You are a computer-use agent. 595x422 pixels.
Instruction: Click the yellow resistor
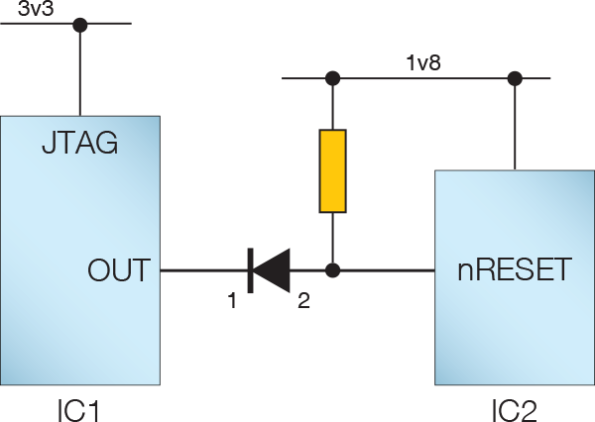333,170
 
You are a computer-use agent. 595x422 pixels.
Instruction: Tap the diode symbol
268,269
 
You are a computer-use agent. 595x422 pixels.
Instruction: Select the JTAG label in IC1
80,144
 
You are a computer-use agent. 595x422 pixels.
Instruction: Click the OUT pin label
119,269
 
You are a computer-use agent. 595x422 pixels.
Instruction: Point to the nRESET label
515,269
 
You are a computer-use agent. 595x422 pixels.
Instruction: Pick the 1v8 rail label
423,63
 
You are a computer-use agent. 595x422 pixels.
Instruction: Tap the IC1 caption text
78,409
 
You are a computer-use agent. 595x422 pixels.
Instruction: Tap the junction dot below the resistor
333,269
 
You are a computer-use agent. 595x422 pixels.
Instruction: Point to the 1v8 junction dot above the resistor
333,78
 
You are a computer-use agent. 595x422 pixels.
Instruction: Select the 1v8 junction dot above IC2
515,78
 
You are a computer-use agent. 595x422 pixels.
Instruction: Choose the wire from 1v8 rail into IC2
515,124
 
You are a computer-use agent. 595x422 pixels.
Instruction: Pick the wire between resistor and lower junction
333,238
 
